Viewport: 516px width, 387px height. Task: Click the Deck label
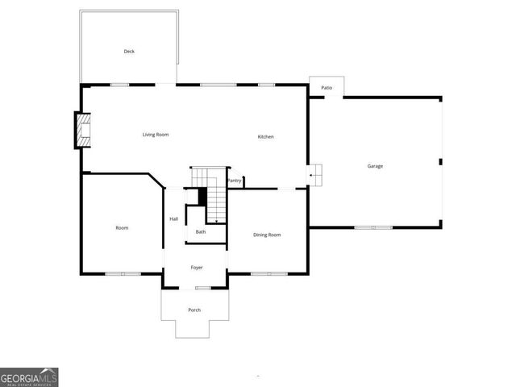[129, 52]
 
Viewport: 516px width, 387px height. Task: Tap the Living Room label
[156, 135]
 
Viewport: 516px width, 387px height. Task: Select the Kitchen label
[266, 137]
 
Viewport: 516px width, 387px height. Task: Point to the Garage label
[375, 166]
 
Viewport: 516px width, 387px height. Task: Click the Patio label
[327, 87]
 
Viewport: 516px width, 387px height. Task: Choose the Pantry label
[235, 181]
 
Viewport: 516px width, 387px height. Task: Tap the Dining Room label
[267, 235]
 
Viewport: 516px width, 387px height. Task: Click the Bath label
[201, 232]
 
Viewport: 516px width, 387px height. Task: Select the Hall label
[173, 219]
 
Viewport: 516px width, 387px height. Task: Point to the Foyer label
[197, 268]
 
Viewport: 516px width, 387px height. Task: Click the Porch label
[194, 310]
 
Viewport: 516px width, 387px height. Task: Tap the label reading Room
[122, 228]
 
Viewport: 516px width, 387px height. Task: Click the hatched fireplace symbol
[83, 131]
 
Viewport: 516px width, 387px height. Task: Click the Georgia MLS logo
[29, 377]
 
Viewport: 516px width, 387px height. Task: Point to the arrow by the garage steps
[311, 174]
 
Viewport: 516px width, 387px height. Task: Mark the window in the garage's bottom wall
[376, 227]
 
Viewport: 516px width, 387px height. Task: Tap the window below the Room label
[122, 274]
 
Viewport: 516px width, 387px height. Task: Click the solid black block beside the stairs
[202, 196]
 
